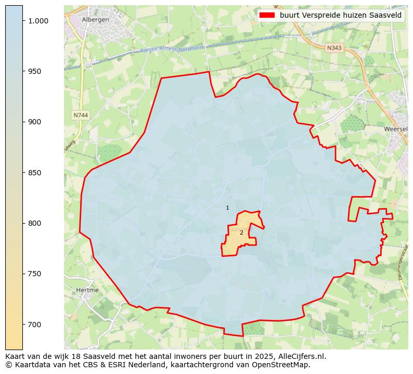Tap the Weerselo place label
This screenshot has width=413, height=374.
click(395, 129)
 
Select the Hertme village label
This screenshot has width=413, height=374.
click(87, 290)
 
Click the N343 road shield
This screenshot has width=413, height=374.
click(334, 48)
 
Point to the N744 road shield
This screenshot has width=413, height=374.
click(81, 115)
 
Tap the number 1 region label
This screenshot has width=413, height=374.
click(227, 208)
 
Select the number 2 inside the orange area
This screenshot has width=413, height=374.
click(241, 233)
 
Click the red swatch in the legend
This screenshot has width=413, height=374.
click(267, 15)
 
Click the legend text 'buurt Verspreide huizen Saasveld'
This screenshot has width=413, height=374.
click(340, 15)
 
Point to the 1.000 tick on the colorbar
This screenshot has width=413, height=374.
click(38, 21)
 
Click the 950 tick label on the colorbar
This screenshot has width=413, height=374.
click(36, 71)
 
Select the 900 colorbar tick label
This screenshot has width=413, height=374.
click(36, 122)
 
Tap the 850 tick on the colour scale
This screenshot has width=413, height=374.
click(36, 173)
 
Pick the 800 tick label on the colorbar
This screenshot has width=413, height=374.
click(36, 223)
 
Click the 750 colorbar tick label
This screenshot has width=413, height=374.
click(36, 274)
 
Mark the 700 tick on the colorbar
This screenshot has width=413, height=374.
click(36, 325)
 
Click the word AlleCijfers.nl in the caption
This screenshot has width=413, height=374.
click(301, 356)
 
